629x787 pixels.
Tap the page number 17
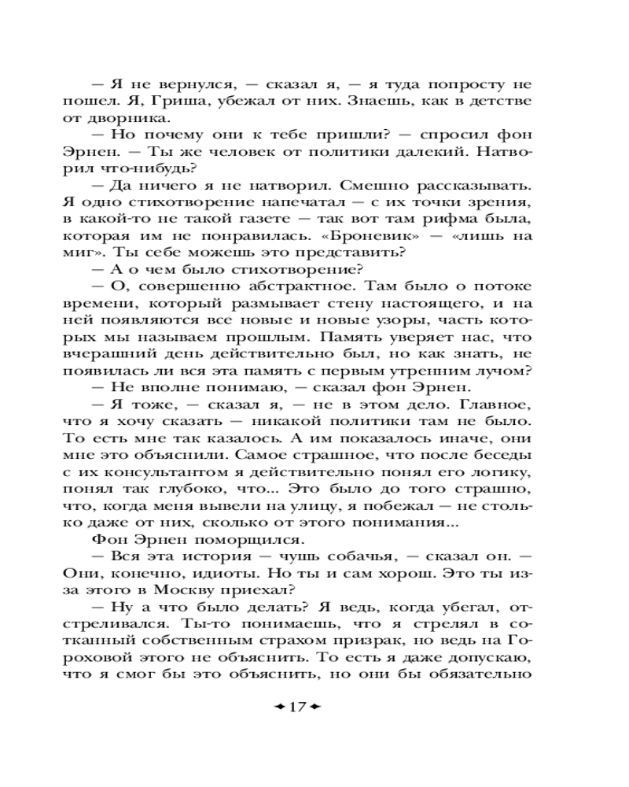(296, 706)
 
